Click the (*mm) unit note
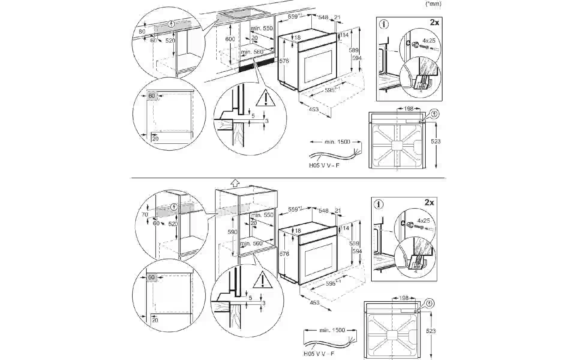[433, 4]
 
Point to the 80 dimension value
[142, 31]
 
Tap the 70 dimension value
[145, 214]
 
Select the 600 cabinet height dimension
[230, 39]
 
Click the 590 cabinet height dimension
[232, 232]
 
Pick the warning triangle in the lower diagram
[262, 279]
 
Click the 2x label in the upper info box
[435, 22]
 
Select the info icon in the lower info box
[379, 204]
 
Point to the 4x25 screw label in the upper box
[429, 40]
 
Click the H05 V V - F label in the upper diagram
[324, 165]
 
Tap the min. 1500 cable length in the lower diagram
[332, 330]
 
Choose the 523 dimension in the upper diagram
[436, 141]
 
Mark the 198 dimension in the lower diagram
[404, 298]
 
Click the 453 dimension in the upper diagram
[314, 109]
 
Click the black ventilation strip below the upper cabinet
[257, 65]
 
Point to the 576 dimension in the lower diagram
[284, 254]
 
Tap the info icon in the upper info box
[384, 24]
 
